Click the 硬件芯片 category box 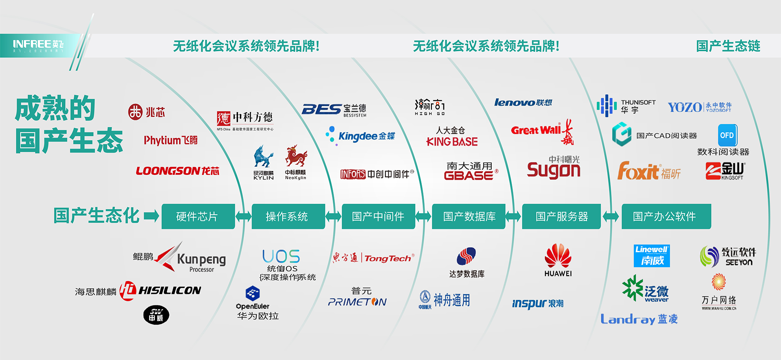198,216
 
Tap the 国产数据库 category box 469,216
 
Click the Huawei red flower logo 558,256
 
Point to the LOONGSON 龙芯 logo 177,171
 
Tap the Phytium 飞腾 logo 170,140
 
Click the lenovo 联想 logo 523,103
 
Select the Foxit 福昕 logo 648,171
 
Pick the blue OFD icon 727,135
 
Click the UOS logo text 281,256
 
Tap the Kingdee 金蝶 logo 361,136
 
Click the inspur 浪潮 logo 537,303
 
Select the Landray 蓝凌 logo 639,319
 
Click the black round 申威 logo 156,315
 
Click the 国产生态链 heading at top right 728,46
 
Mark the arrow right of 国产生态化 151,216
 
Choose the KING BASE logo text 452,142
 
